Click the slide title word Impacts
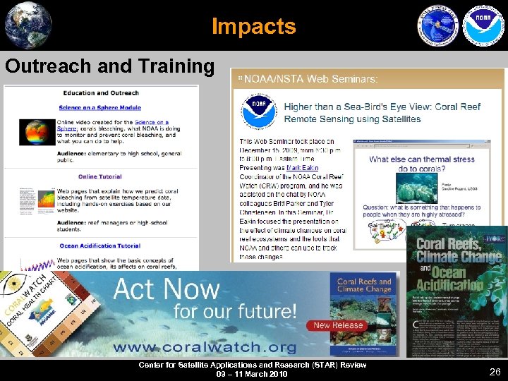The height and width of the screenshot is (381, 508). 254,27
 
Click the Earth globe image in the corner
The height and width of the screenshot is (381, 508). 28,25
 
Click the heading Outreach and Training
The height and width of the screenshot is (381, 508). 109,66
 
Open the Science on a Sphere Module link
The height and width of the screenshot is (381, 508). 99,108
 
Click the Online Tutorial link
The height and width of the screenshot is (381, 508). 99,176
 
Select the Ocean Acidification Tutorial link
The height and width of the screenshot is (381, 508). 99,246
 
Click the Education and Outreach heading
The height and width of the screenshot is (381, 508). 99,93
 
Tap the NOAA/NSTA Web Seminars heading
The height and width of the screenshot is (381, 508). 311,78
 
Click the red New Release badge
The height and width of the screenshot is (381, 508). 338,325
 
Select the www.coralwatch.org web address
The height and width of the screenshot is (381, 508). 204,346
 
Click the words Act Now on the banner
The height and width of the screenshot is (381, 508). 167,289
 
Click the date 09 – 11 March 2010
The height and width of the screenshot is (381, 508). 252,374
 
